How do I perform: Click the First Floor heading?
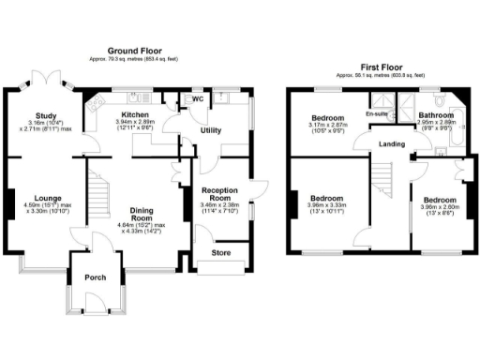coord(383,67)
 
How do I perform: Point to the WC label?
coord(198,99)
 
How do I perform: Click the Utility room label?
coord(211,130)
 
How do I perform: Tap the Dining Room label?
coord(142,212)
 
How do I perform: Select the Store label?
coord(221,252)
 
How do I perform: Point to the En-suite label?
coord(377,114)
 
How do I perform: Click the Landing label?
coord(392,143)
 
